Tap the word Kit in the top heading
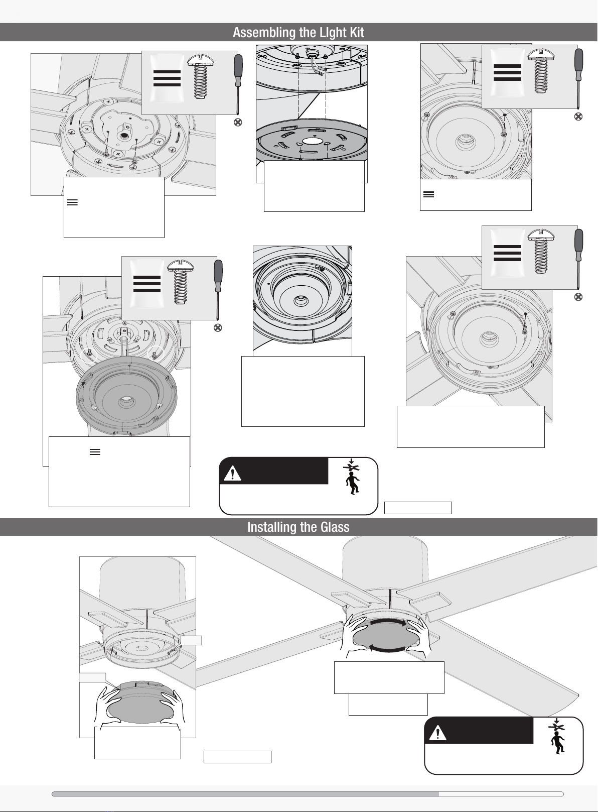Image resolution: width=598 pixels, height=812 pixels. (x=356, y=32)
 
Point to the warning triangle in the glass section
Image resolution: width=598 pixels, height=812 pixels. (x=437, y=733)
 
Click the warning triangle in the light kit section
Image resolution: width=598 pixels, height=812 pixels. (x=233, y=474)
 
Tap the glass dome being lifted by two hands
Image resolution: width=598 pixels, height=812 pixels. (x=140, y=702)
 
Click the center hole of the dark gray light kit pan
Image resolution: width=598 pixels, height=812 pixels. (x=125, y=401)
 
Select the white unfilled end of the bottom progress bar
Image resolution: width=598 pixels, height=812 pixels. (x=501, y=794)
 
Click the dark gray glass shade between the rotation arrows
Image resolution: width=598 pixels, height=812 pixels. (x=387, y=635)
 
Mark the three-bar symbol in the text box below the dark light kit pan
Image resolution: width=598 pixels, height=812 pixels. (x=95, y=452)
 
